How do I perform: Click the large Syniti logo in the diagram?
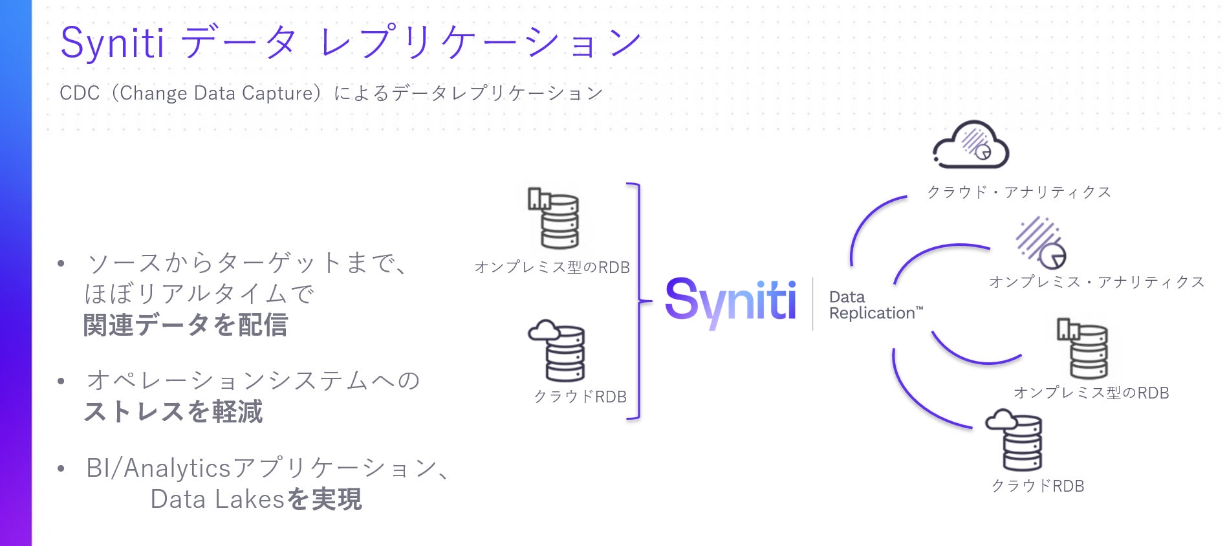pyautogui.click(x=730, y=301)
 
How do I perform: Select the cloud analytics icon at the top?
pyautogui.click(x=970, y=145)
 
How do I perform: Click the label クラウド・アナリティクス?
pyautogui.click(x=1019, y=192)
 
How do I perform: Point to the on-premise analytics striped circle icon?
pyautogui.click(x=1039, y=243)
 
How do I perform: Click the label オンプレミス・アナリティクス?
pyautogui.click(x=1096, y=282)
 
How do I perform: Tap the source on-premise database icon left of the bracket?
pyautogui.click(x=554, y=218)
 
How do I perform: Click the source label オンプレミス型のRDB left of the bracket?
pyautogui.click(x=552, y=267)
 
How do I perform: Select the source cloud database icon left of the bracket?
pyautogui.click(x=558, y=351)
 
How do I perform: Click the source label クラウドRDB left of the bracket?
pyautogui.click(x=580, y=397)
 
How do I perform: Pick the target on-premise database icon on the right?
pyautogui.click(x=1083, y=347)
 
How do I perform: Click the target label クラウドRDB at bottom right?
pyautogui.click(x=1037, y=486)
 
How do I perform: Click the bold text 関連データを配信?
pyautogui.click(x=186, y=325)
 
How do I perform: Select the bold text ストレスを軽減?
pyautogui.click(x=173, y=411)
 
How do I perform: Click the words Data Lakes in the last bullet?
pyautogui.click(x=217, y=499)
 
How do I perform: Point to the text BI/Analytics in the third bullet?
pyautogui.click(x=158, y=468)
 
